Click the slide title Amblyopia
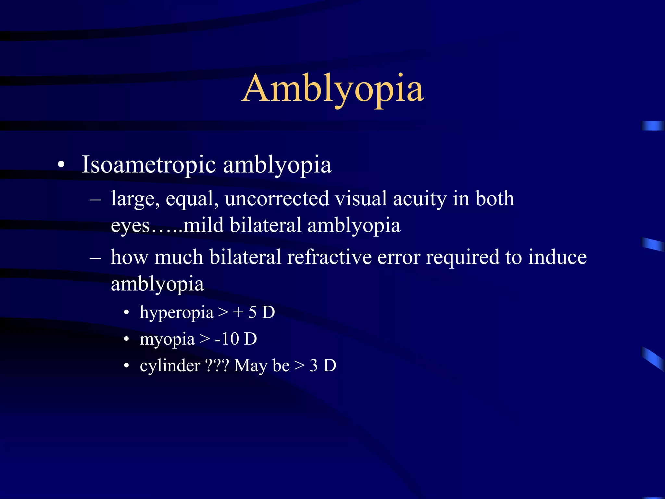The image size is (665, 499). (x=332, y=88)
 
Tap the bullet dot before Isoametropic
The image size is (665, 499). (x=61, y=165)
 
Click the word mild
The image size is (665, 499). (x=203, y=225)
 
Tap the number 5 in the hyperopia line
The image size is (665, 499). (x=252, y=313)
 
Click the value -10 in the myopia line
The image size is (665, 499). (x=227, y=339)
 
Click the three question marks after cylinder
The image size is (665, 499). (x=217, y=366)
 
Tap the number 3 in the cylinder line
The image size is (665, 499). (x=313, y=366)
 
